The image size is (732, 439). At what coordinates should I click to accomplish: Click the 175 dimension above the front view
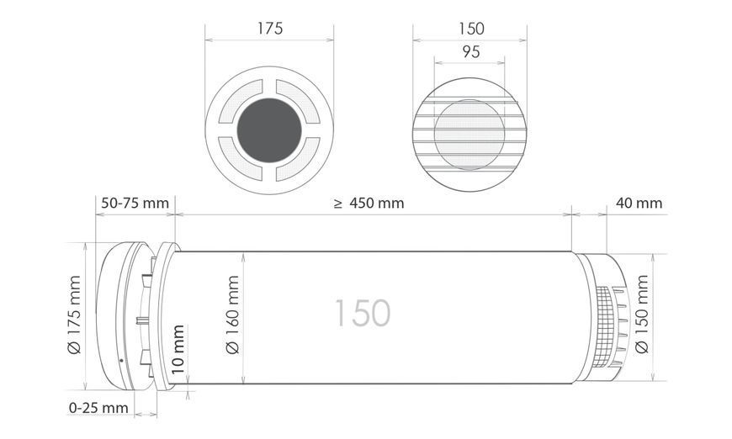270,29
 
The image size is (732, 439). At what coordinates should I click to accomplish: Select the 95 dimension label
470,51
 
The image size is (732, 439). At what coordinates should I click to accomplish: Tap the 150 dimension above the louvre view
471,29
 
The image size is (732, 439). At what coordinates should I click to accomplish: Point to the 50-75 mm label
135,203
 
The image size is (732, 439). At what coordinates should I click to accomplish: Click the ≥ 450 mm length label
369,203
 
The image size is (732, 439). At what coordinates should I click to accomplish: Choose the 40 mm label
639,203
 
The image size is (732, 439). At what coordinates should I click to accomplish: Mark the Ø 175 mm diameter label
75,315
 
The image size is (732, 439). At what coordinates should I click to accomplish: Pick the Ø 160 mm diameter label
232,315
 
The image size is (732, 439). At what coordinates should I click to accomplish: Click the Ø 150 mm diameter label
642,315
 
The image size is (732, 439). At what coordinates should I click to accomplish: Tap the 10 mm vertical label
178,349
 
